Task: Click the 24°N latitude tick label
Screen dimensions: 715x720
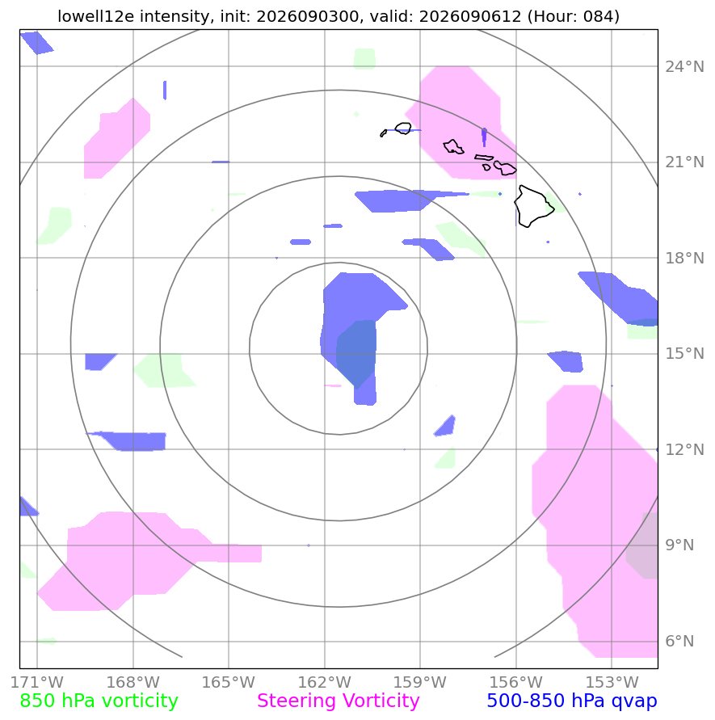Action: [684, 66]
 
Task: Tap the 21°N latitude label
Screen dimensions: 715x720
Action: [684, 162]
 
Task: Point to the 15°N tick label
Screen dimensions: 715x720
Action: [684, 354]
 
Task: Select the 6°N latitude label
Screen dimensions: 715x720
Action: [679, 641]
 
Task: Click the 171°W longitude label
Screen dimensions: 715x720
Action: [36, 682]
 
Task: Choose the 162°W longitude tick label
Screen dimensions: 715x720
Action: [324, 682]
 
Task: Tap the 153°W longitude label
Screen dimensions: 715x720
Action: [612, 682]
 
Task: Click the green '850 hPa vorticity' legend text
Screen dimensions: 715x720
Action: [99, 701]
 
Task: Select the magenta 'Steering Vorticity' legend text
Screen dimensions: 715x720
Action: [338, 701]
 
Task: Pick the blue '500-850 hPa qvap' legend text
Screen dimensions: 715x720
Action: [572, 701]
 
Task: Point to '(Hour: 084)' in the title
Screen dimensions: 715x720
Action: [573, 16]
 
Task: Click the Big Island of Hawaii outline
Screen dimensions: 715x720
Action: [533, 207]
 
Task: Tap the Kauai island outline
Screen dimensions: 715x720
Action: [402, 128]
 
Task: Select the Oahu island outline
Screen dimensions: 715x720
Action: [453, 147]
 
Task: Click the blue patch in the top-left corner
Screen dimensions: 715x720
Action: [36, 43]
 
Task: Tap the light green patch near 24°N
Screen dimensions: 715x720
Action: [364, 59]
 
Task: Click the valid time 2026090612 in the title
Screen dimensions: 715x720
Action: [470, 16]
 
